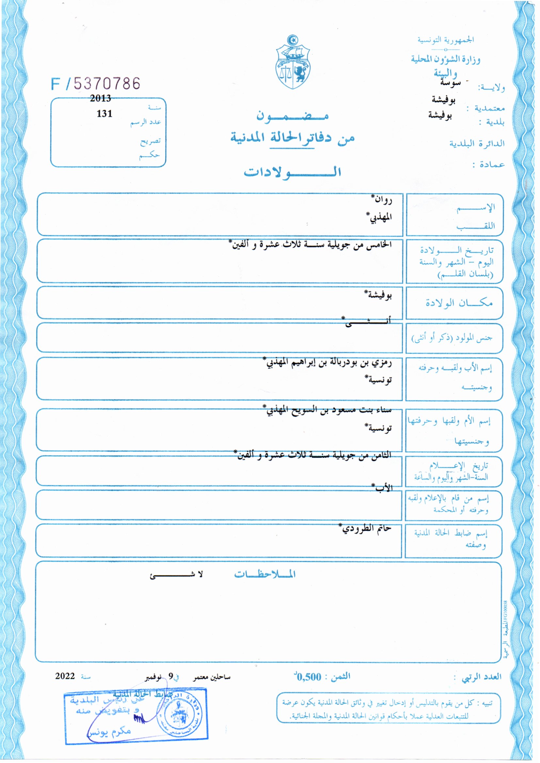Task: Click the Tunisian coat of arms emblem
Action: [x=293, y=62]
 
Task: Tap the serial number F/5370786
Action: [x=96, y=84]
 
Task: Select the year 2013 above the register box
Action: [x=101, y=98]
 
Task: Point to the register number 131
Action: [x=104, y=114]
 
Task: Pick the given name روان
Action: [x=382, y=200]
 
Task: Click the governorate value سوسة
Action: [x=450, y=83]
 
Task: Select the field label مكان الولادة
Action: [x=459, y=303]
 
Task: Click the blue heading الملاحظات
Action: [x=265, y=574]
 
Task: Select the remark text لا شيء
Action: [x=176, y=575]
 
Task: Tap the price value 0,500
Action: [x=309, y=677]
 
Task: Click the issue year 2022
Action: [x=65, y=676]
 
